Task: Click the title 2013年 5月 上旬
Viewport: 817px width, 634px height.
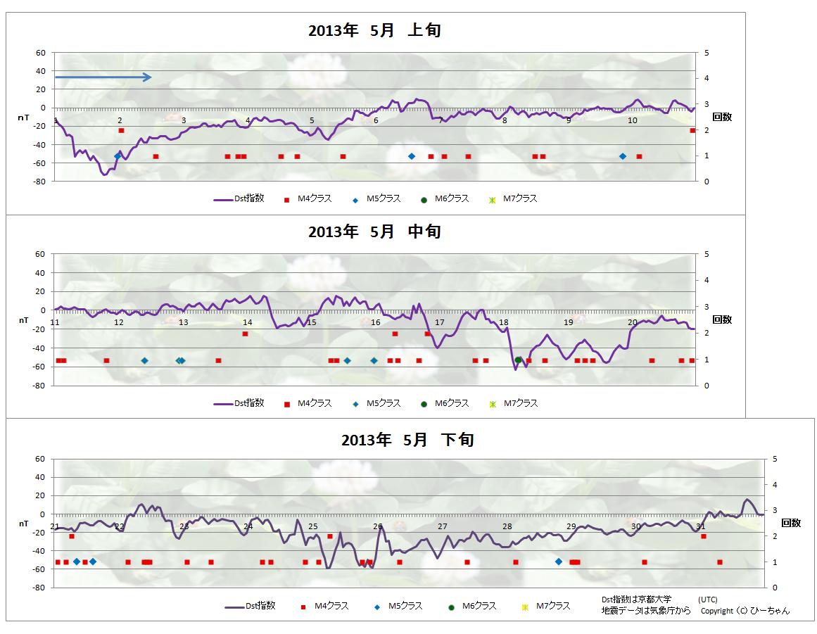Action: click(374, 30)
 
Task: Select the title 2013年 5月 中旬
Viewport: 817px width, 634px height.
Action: click(374, 232)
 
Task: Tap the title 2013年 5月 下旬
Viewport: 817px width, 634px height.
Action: click(407, 440)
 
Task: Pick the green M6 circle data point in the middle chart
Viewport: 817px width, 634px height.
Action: click(519, 360)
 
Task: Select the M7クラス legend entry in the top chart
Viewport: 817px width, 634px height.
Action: click(514, 199)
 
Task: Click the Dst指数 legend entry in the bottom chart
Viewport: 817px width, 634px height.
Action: click(250, 606)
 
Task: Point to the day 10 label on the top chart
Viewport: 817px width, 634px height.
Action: click(632, 120)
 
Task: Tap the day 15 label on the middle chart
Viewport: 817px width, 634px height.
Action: click(312, 322)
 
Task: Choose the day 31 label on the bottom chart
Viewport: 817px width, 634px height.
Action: click(701, 526)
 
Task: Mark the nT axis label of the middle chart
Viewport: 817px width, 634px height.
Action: click(23, 320)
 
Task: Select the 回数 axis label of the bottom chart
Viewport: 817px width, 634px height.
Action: click(791, 523)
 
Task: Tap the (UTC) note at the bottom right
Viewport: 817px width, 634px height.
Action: click(708, 599)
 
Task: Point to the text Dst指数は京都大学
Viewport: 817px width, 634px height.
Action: click(636, 599)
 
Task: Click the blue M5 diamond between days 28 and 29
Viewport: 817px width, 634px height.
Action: click(559, 562)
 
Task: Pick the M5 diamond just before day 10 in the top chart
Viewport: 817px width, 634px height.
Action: click(623, 156)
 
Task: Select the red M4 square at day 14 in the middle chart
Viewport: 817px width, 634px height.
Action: click(245, 334)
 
